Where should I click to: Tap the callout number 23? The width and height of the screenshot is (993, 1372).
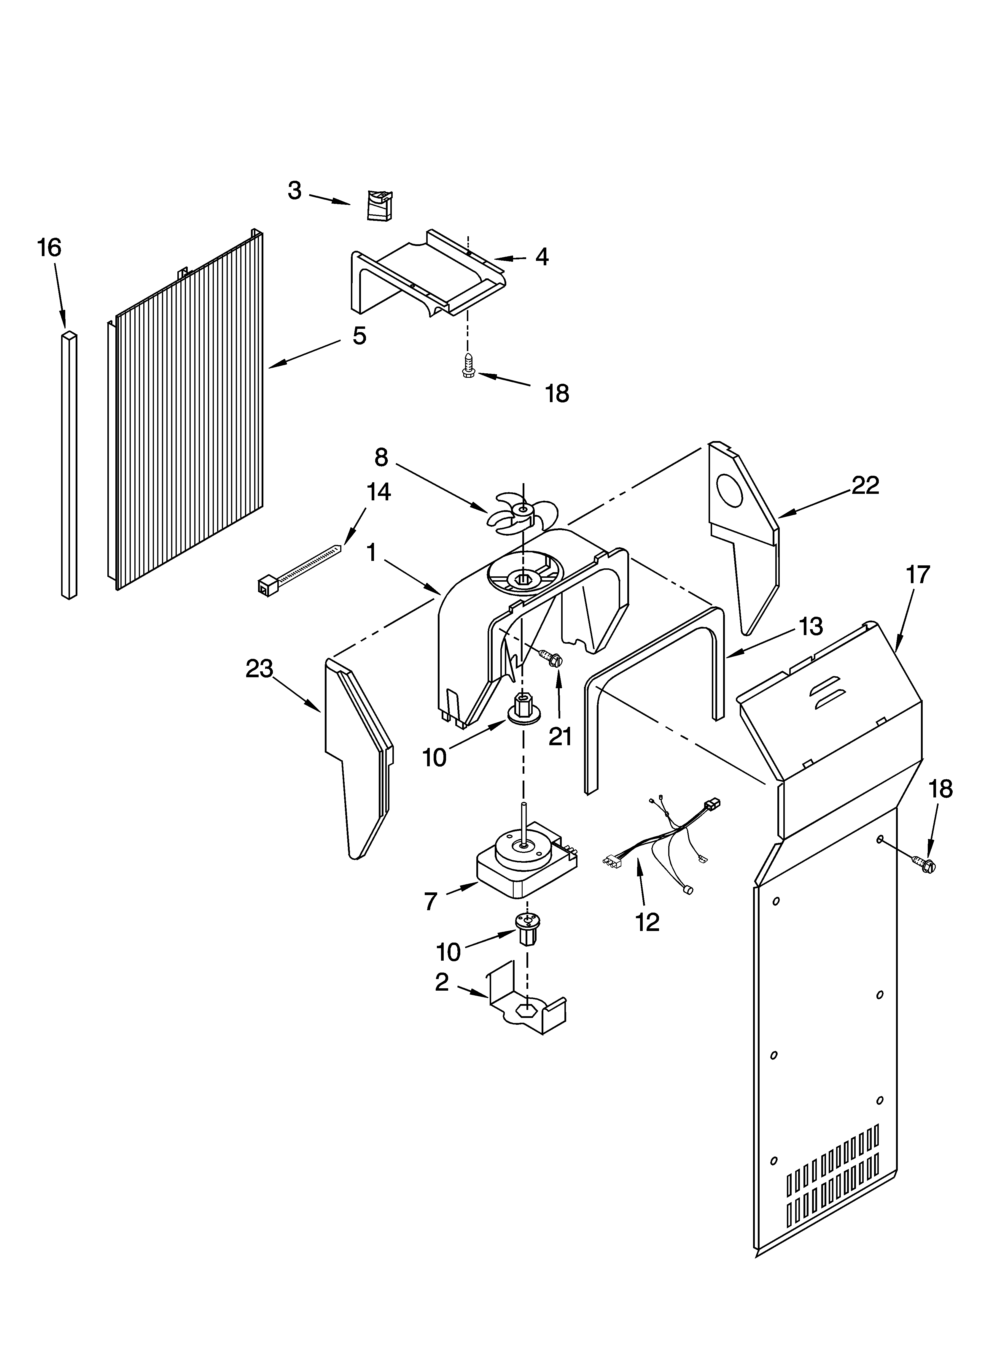[260, 669]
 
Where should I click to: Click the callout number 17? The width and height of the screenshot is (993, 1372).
[917, 575]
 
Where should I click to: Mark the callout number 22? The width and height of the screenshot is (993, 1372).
[865, 485]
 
